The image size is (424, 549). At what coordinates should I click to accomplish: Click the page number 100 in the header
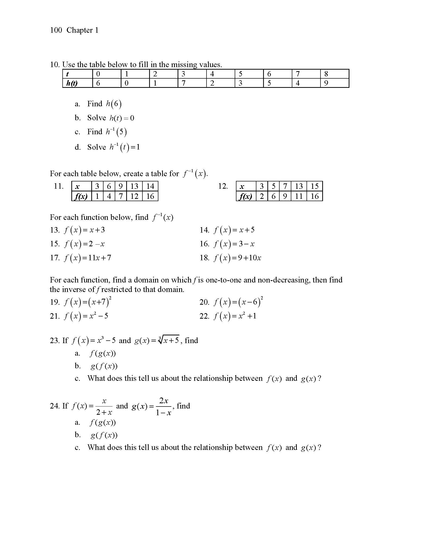pos(56,30)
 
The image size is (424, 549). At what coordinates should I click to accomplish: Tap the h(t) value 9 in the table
pos(326,83)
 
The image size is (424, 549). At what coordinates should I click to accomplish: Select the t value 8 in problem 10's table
pos(326,74)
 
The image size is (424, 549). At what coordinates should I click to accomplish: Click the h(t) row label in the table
pos(72,83)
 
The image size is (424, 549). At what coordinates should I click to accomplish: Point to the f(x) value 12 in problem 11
pos(134,196)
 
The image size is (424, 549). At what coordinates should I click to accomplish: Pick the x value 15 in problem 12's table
pos(315,186)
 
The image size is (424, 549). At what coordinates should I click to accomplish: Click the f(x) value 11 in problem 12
pos(299,196)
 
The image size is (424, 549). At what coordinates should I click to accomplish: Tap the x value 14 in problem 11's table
pos(150,186)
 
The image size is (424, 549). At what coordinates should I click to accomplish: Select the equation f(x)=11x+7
pos(88,258)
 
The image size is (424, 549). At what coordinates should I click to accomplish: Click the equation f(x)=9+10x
pos(237,258)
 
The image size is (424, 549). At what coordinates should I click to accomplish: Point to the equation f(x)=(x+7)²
pos(88,302)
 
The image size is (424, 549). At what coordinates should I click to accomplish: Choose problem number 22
pos(204,316)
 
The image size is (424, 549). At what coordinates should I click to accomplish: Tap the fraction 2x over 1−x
pos(164,406)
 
